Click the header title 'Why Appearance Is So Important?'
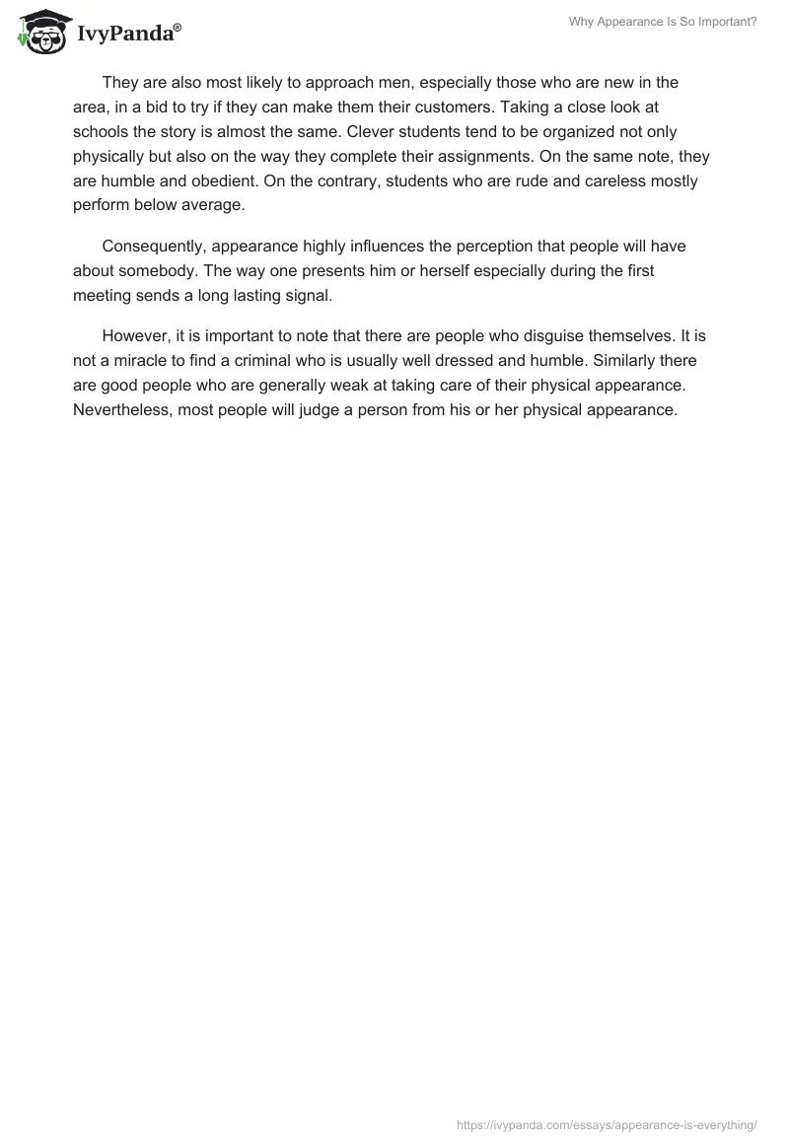(x=663, y=22)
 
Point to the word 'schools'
(x=102, y=132)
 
